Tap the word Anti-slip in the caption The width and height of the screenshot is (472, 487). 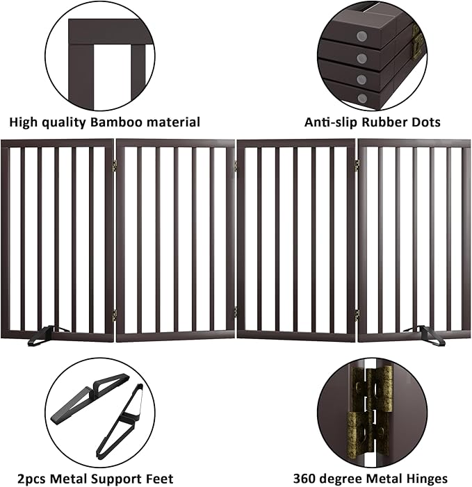[x=331, y=123]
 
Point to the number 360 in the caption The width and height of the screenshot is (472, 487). [x=306, y=479]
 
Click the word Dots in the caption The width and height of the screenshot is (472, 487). [x=425, y=123]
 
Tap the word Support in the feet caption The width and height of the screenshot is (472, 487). [x=117, y=479]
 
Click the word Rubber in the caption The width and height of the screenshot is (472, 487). [x=384, y=123]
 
